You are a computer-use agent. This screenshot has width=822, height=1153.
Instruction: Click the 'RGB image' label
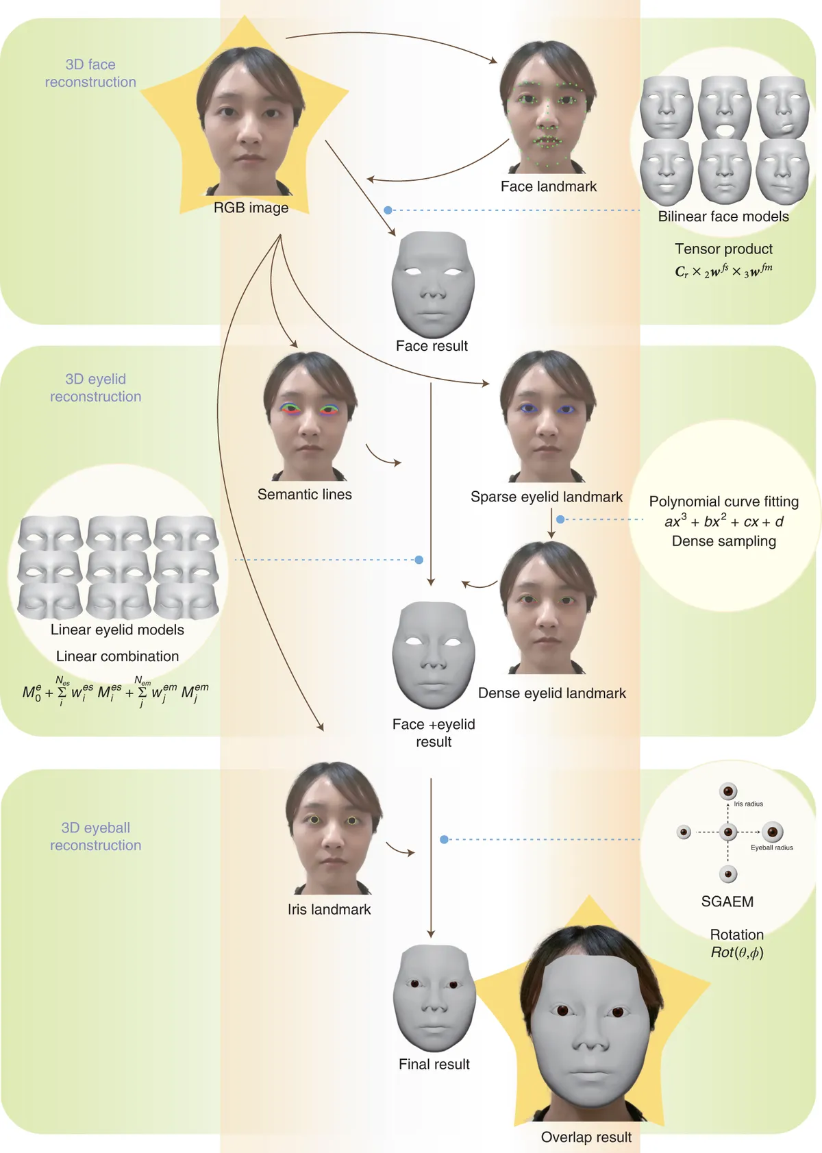[x=251, y=208]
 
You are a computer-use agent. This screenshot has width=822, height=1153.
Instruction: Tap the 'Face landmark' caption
[x=549, y=186]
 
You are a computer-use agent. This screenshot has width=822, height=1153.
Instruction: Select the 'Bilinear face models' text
[x=723, y=216]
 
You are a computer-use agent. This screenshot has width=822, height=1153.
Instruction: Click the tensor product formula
[x=723, y=271]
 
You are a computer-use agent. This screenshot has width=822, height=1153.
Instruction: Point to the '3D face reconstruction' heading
[x=90, y=73]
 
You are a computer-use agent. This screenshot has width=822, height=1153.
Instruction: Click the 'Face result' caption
[x=432, y=346]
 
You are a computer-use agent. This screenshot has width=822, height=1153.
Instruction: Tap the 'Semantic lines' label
[x=305, y=495]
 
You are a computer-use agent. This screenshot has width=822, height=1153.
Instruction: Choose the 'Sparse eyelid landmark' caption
[x=547, y=497]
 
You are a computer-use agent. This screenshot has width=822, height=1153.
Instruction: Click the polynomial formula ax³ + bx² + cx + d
[x=724, y=521]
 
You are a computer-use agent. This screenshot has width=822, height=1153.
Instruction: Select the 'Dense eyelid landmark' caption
[x=552, y=693]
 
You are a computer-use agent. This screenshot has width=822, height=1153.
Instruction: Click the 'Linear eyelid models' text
[x=117, y=630]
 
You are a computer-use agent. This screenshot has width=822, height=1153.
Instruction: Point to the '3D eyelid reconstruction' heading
[x=96, y=388]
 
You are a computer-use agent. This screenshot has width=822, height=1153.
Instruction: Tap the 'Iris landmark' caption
[x=329, y=909]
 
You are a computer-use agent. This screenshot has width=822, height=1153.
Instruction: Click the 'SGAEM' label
[x=727, y=902]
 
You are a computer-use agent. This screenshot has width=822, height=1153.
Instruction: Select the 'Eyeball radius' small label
[x=772, y=847]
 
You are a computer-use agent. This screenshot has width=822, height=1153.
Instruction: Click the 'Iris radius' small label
[x=748, y=804]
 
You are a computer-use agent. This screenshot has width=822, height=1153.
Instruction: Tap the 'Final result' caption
[x=434, y=1064]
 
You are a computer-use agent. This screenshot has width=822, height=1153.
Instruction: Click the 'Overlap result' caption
[x=586, y=1137]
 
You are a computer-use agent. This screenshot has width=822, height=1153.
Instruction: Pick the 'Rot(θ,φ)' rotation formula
[x=737, y=952]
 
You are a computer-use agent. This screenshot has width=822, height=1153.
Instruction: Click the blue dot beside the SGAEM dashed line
[x=444, y=839]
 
